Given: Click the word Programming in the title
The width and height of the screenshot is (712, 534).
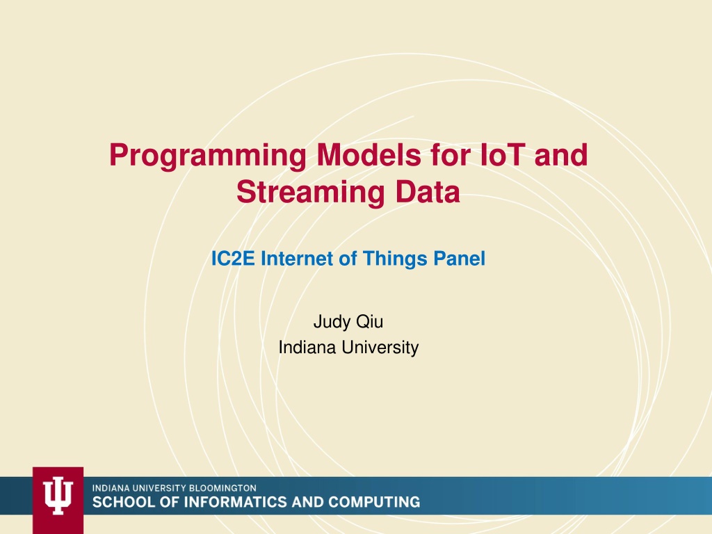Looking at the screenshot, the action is click(208, 156).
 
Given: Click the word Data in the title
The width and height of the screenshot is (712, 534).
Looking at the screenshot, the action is click(428, 192).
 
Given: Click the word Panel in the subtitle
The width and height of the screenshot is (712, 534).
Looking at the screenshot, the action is click(460, 259).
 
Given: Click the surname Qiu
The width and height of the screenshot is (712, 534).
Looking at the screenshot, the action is click(370, 322).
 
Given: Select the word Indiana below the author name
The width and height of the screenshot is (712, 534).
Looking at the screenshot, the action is click(308, 348).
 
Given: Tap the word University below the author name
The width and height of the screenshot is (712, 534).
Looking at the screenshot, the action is click(380, 348).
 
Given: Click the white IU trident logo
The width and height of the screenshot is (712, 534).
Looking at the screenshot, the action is click(58, 495).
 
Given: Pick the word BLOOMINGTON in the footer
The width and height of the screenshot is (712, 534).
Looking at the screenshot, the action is click(222, 488).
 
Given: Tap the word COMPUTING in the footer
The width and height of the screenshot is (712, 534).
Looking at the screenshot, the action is click(374, 502).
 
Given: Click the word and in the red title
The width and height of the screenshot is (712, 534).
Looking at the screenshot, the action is click(561, 155).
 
